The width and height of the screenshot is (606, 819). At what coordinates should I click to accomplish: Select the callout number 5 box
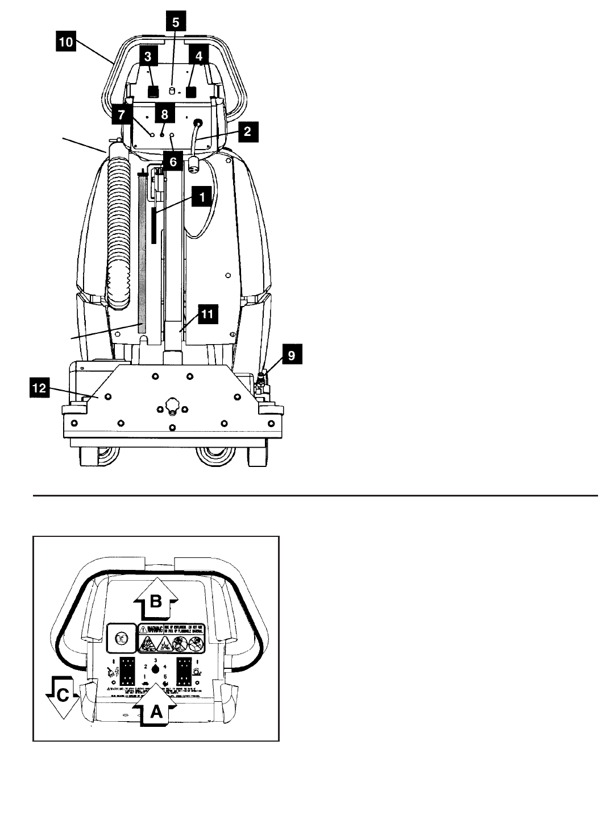coord(176,23)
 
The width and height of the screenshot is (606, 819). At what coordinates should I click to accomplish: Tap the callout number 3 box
coord(148,57)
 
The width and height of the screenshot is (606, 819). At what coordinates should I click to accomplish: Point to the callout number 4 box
coord(199,56)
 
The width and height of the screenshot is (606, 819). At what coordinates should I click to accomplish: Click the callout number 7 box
coord(122,114)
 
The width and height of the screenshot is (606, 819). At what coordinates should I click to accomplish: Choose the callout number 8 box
coord(164,114)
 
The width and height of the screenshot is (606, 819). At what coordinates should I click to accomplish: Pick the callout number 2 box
coord(247,131)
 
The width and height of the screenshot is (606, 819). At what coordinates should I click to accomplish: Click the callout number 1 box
coord(201,197)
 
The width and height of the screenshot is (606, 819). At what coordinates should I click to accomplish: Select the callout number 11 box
coord(207,314)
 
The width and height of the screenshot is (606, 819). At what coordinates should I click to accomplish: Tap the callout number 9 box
coord(291,355)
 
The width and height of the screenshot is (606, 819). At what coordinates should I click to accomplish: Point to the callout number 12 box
coord(39,389)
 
